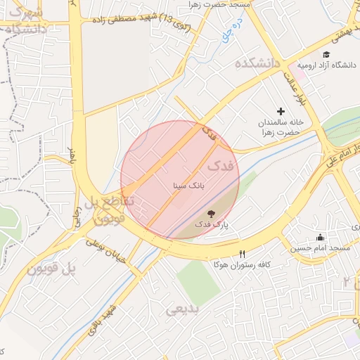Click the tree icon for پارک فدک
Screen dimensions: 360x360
(x=211, y=214)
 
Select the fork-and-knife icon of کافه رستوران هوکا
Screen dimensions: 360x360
(x=243, y=254)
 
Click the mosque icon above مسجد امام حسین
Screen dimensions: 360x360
(x=321, y=238)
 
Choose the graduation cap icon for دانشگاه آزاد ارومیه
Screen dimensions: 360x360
(x=326, y=54)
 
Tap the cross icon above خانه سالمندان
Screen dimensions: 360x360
(x=281, y=111)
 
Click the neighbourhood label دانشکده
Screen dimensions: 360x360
(x=257, y=64)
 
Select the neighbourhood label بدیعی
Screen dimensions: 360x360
(x=183, y=309)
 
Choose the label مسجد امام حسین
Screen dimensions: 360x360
(x=323, y=249)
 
